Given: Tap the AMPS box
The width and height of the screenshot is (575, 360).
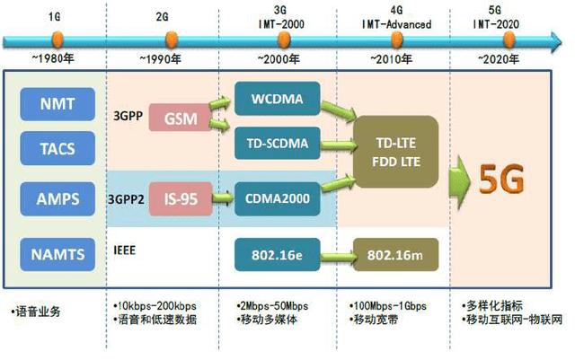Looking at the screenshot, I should (57, 198).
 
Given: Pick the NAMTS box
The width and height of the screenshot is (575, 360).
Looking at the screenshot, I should (57, 255).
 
